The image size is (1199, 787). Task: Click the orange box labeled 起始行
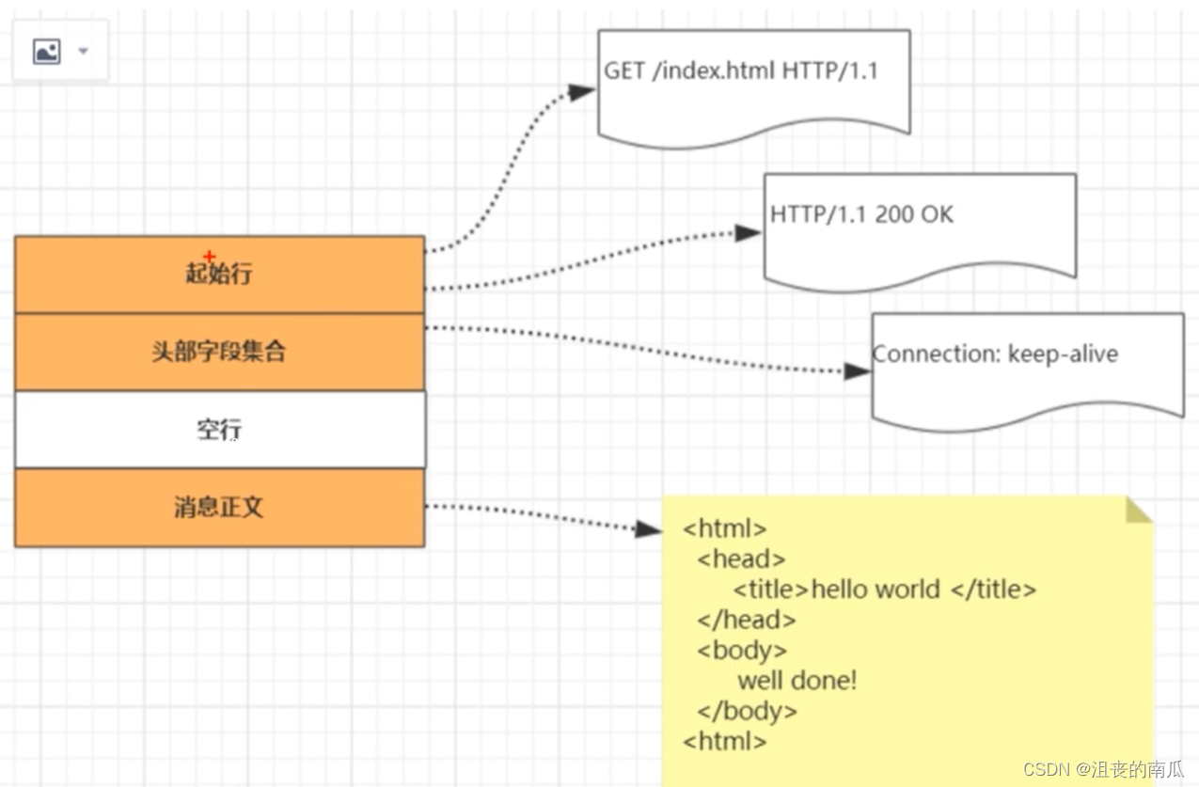click(219, 275)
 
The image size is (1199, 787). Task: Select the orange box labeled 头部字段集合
click(219, 353)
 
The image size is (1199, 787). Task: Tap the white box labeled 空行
click(220, 430)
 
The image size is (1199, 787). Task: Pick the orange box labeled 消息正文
click(219, 508)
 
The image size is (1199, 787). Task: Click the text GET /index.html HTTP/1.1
click(741, 71)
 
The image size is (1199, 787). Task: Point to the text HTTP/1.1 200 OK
click(861, 214)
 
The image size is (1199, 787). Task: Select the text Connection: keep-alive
click(995, 354)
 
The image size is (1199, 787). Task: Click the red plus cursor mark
click(210, 257)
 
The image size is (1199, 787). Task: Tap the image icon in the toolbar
click(47, 52)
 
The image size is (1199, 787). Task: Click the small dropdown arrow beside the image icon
click(83, 51)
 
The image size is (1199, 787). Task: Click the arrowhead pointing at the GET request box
click(581, 91)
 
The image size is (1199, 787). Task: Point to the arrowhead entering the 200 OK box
click(748, 233)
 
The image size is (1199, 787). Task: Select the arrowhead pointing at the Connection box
click(857, 371)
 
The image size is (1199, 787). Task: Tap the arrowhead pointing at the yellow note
click(648, 529)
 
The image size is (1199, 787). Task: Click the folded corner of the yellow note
click(1138, 511)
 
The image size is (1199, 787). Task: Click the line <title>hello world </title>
click(885, 590)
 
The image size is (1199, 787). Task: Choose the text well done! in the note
click(797, 681)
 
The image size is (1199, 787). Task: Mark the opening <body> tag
click(742, 651)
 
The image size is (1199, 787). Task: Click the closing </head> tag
click(746, 620)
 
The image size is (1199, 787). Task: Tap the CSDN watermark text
click(1103, 769)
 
